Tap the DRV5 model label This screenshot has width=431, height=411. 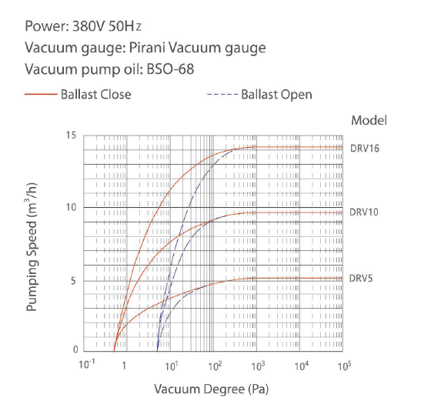tap(360, 278)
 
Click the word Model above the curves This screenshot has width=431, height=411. tap(368, 120)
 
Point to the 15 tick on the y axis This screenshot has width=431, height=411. tap(72, 135)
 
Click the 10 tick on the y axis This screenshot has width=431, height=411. tap(72, 208)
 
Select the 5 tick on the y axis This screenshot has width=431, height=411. tap(74, 281)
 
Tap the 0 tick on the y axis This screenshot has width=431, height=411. tap(74, 349)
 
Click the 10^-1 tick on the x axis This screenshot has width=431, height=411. tap(86, 363)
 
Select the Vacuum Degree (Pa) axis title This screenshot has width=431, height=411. tap(211, 388)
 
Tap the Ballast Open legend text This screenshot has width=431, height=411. tap(276, 95)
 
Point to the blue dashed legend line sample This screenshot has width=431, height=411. tap(222, 95)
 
